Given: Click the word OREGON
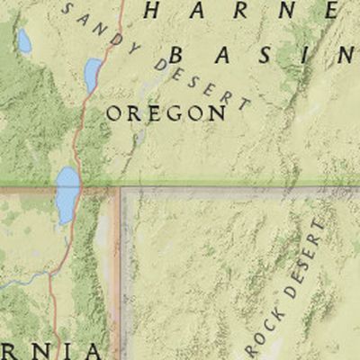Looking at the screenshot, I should (x=166, y=113).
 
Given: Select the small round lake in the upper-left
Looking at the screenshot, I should (x=24, y=41).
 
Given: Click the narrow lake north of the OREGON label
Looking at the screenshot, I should (x=93, y=75).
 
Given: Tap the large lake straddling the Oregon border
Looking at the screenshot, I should (x=67, y=193).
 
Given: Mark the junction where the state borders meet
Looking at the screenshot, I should (x=120, y=188).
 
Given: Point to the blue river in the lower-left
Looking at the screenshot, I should (x=22, y=282).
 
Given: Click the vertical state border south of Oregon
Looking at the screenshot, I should (x=120, y=270).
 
